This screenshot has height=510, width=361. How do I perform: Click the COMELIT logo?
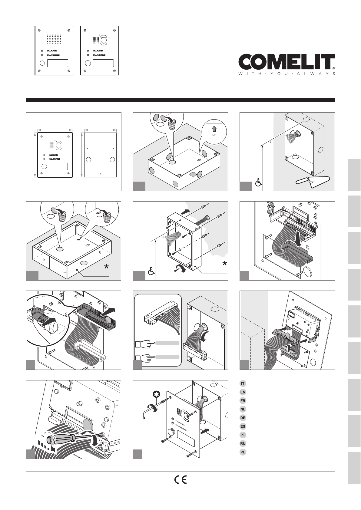click(x=286, y=62)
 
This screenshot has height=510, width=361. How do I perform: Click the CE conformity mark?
click(x=180, y=480)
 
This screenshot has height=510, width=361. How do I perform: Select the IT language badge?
click(x=243, y=383)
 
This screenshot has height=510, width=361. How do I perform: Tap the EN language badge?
click(x=243, y=392)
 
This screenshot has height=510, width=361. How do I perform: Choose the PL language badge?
click(x=243, y=452)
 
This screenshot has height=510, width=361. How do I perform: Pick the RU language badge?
click(x=243, y=443)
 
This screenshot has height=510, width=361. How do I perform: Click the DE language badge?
click(x=243, y=418)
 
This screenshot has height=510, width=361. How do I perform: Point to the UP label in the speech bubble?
click(x=214, y=135)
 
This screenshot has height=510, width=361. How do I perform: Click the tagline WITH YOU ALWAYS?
click(x=286, y=74)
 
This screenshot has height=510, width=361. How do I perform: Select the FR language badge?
click(x=243, y=400)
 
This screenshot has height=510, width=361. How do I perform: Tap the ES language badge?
click(x=243, y=426)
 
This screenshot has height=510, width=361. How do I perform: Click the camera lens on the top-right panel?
click(x=104, y=40)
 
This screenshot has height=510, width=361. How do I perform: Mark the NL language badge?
click(x=243, y=409)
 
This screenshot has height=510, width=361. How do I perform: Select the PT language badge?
click(x=243, y=435)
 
